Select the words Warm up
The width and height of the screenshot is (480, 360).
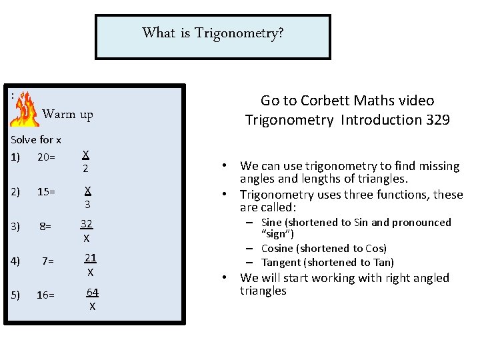pos(67,114)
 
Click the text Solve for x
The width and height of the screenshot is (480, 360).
pos(36,140)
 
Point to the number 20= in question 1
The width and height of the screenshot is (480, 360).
pos(46,157)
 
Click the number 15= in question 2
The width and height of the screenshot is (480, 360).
pos(46,192)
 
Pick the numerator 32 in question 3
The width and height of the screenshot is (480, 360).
pos(87,224)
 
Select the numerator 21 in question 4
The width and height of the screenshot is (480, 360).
pos(91,258)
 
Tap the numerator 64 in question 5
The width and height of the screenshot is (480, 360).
pos(93,293)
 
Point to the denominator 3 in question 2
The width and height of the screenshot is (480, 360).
pos(87,204)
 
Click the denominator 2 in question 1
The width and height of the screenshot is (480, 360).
pos(86,169)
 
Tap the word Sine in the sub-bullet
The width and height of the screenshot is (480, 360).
pos(271,223)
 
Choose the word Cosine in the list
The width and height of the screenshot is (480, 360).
pos(277,248)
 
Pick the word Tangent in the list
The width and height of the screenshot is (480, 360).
pos(281,263)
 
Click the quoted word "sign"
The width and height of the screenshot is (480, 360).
pos(277,234)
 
